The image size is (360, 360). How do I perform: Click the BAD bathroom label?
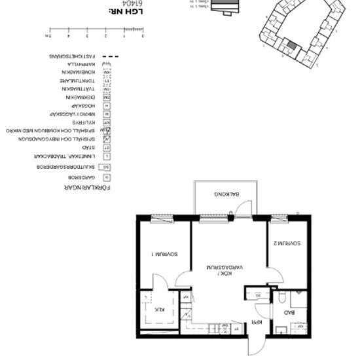[289, 314]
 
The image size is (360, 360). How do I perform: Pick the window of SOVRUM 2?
[280, 217]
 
